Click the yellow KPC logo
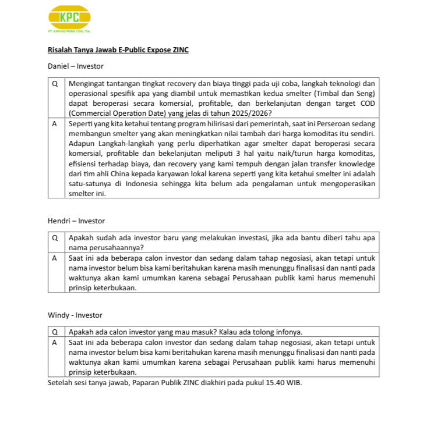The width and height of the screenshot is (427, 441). tap(69, 18)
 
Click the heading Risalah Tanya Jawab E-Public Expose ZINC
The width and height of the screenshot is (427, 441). tap(118, 50)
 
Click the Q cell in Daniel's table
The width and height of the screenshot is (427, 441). tap(55, 83)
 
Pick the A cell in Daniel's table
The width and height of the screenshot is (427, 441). tap(55, 124)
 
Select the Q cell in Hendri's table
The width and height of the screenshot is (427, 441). tap(55, 237)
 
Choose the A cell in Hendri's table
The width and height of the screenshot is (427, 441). tap(55, 257)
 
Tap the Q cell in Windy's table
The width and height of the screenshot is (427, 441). tap(55, 332)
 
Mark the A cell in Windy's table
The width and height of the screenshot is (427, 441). tap(55, 343)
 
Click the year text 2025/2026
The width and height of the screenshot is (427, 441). tap(251, 113)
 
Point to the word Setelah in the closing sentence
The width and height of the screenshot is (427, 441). tap(60, 383)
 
